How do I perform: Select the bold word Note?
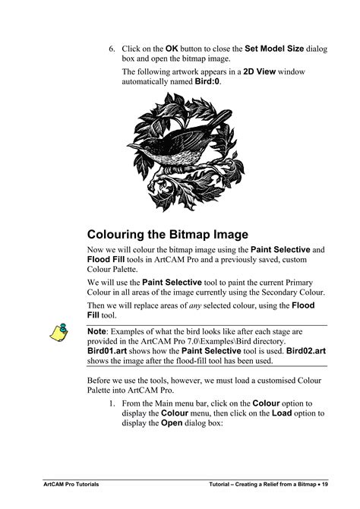(x=96, y=331)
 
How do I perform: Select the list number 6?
(x=111, y=49)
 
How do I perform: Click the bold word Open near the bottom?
(x=172, y=424)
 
